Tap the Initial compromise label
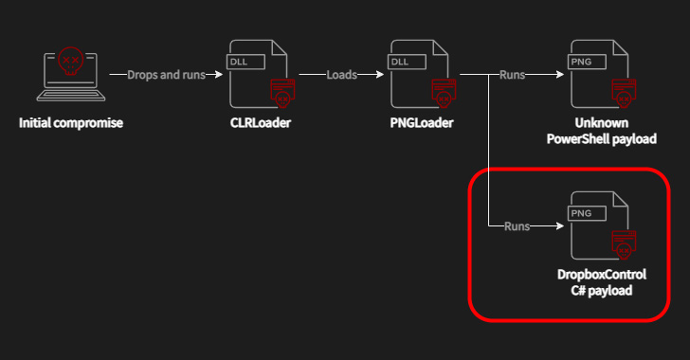71,123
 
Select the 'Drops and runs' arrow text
165,74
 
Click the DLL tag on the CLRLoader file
242,62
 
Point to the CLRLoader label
259,123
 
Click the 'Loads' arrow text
342,74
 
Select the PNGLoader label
420,123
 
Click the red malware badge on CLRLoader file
281,93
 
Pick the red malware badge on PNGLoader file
443,93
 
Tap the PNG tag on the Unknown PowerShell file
580,62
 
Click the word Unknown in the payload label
602,123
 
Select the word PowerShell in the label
578,139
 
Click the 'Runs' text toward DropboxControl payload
517,226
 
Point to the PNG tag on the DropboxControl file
580,214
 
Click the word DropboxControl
602,275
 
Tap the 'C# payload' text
602,290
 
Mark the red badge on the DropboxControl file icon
621,245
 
